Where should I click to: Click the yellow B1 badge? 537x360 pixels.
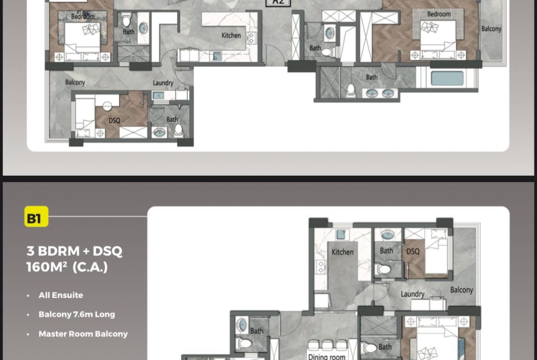click(36, 217)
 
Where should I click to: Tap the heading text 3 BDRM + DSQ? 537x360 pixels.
click(74, 251)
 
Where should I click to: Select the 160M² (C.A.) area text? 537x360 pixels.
click(67, 267)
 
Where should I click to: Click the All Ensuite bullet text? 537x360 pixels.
click(61, 295)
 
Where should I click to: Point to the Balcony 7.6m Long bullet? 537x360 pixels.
click(77, 315)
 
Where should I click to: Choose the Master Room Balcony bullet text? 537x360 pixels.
click(83, 334)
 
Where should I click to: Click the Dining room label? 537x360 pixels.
click(327, 356)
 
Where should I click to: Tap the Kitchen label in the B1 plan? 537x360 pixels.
click(342, 252)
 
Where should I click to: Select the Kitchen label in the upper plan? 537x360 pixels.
click(231, 35)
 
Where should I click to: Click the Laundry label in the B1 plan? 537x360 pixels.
click(412, 294)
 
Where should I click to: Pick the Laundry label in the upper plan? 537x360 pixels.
click(163, 83)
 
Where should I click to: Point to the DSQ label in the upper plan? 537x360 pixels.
click(114, 121)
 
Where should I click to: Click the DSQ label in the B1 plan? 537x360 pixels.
click(413, 251)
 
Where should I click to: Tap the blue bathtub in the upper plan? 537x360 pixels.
click(447, 78)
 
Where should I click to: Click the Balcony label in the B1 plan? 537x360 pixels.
click(461, 290)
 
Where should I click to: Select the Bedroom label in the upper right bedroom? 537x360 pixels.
click(439, 14)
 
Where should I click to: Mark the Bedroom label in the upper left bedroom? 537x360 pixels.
click(83, 17)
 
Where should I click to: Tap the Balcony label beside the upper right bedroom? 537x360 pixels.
click(491, 29)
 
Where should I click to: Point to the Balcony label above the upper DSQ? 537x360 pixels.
click(75, 83)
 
